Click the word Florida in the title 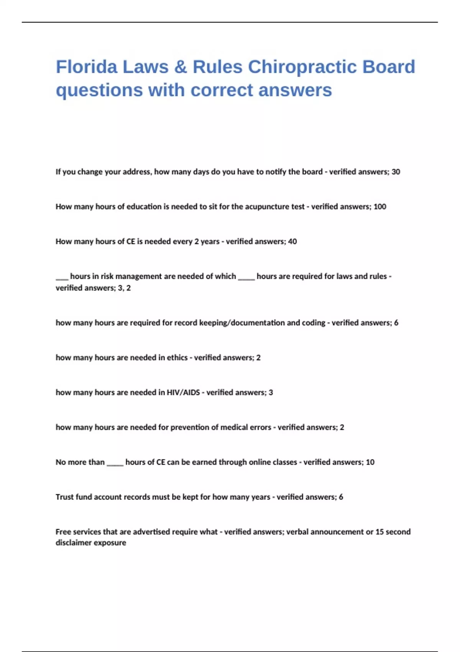87,67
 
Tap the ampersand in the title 180,67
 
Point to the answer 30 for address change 396,172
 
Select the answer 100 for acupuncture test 380,207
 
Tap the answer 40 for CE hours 292,242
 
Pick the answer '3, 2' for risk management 124,288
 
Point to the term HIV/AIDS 183,393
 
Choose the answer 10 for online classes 370,463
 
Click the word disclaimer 72,543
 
